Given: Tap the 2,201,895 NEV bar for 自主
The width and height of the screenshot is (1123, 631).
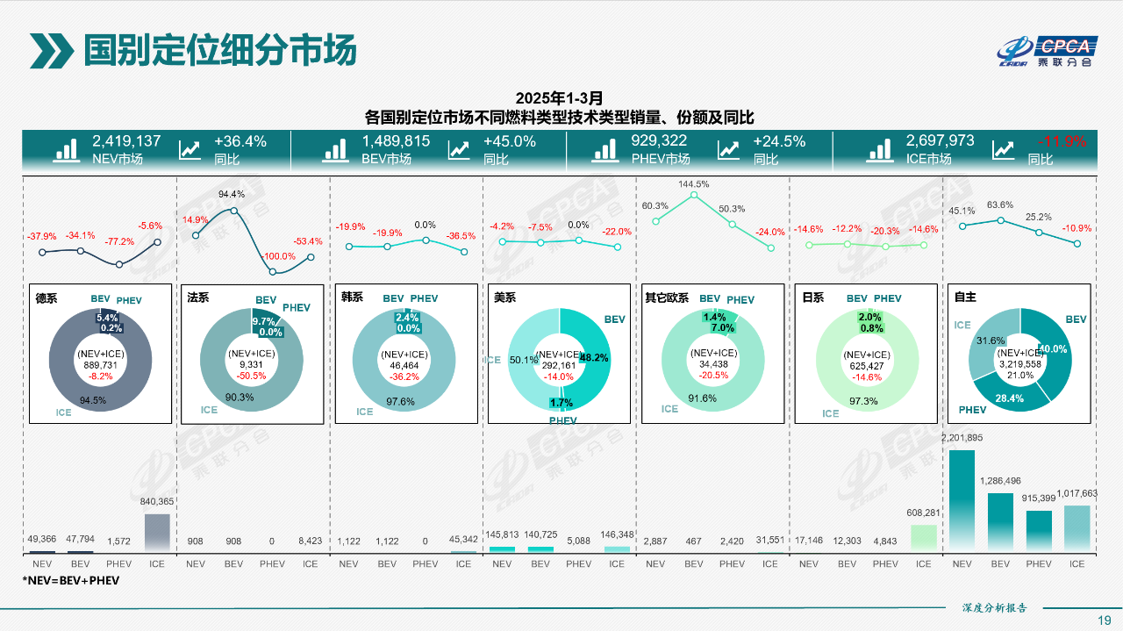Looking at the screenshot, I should [x=962, y=501].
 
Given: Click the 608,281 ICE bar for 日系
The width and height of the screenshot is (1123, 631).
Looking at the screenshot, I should [x=923, y=538].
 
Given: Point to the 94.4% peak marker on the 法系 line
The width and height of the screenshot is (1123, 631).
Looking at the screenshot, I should [x=233, y=211].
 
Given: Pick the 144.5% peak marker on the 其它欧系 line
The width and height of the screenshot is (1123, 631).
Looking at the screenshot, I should [x=694, y=194].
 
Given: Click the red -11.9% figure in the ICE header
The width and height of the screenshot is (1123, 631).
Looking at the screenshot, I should [x=1061, y=141].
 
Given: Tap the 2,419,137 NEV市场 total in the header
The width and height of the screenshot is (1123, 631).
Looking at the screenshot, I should [x=126, y=141].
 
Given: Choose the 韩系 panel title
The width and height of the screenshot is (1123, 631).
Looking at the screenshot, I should [x=352, y=298].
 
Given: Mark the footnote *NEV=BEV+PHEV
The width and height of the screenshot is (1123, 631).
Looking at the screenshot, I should [x=70, y=581].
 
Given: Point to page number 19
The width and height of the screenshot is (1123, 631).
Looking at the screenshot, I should [x=1105, y=620].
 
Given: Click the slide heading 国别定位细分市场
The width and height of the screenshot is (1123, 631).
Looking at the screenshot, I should [x=220, y=51].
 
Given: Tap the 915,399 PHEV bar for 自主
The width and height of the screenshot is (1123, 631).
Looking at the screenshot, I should [x=1038, y=531].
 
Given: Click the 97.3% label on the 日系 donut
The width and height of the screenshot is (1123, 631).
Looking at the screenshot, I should [x=863, y=401].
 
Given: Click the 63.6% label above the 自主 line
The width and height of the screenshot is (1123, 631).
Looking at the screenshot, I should [x=1000, y=205].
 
